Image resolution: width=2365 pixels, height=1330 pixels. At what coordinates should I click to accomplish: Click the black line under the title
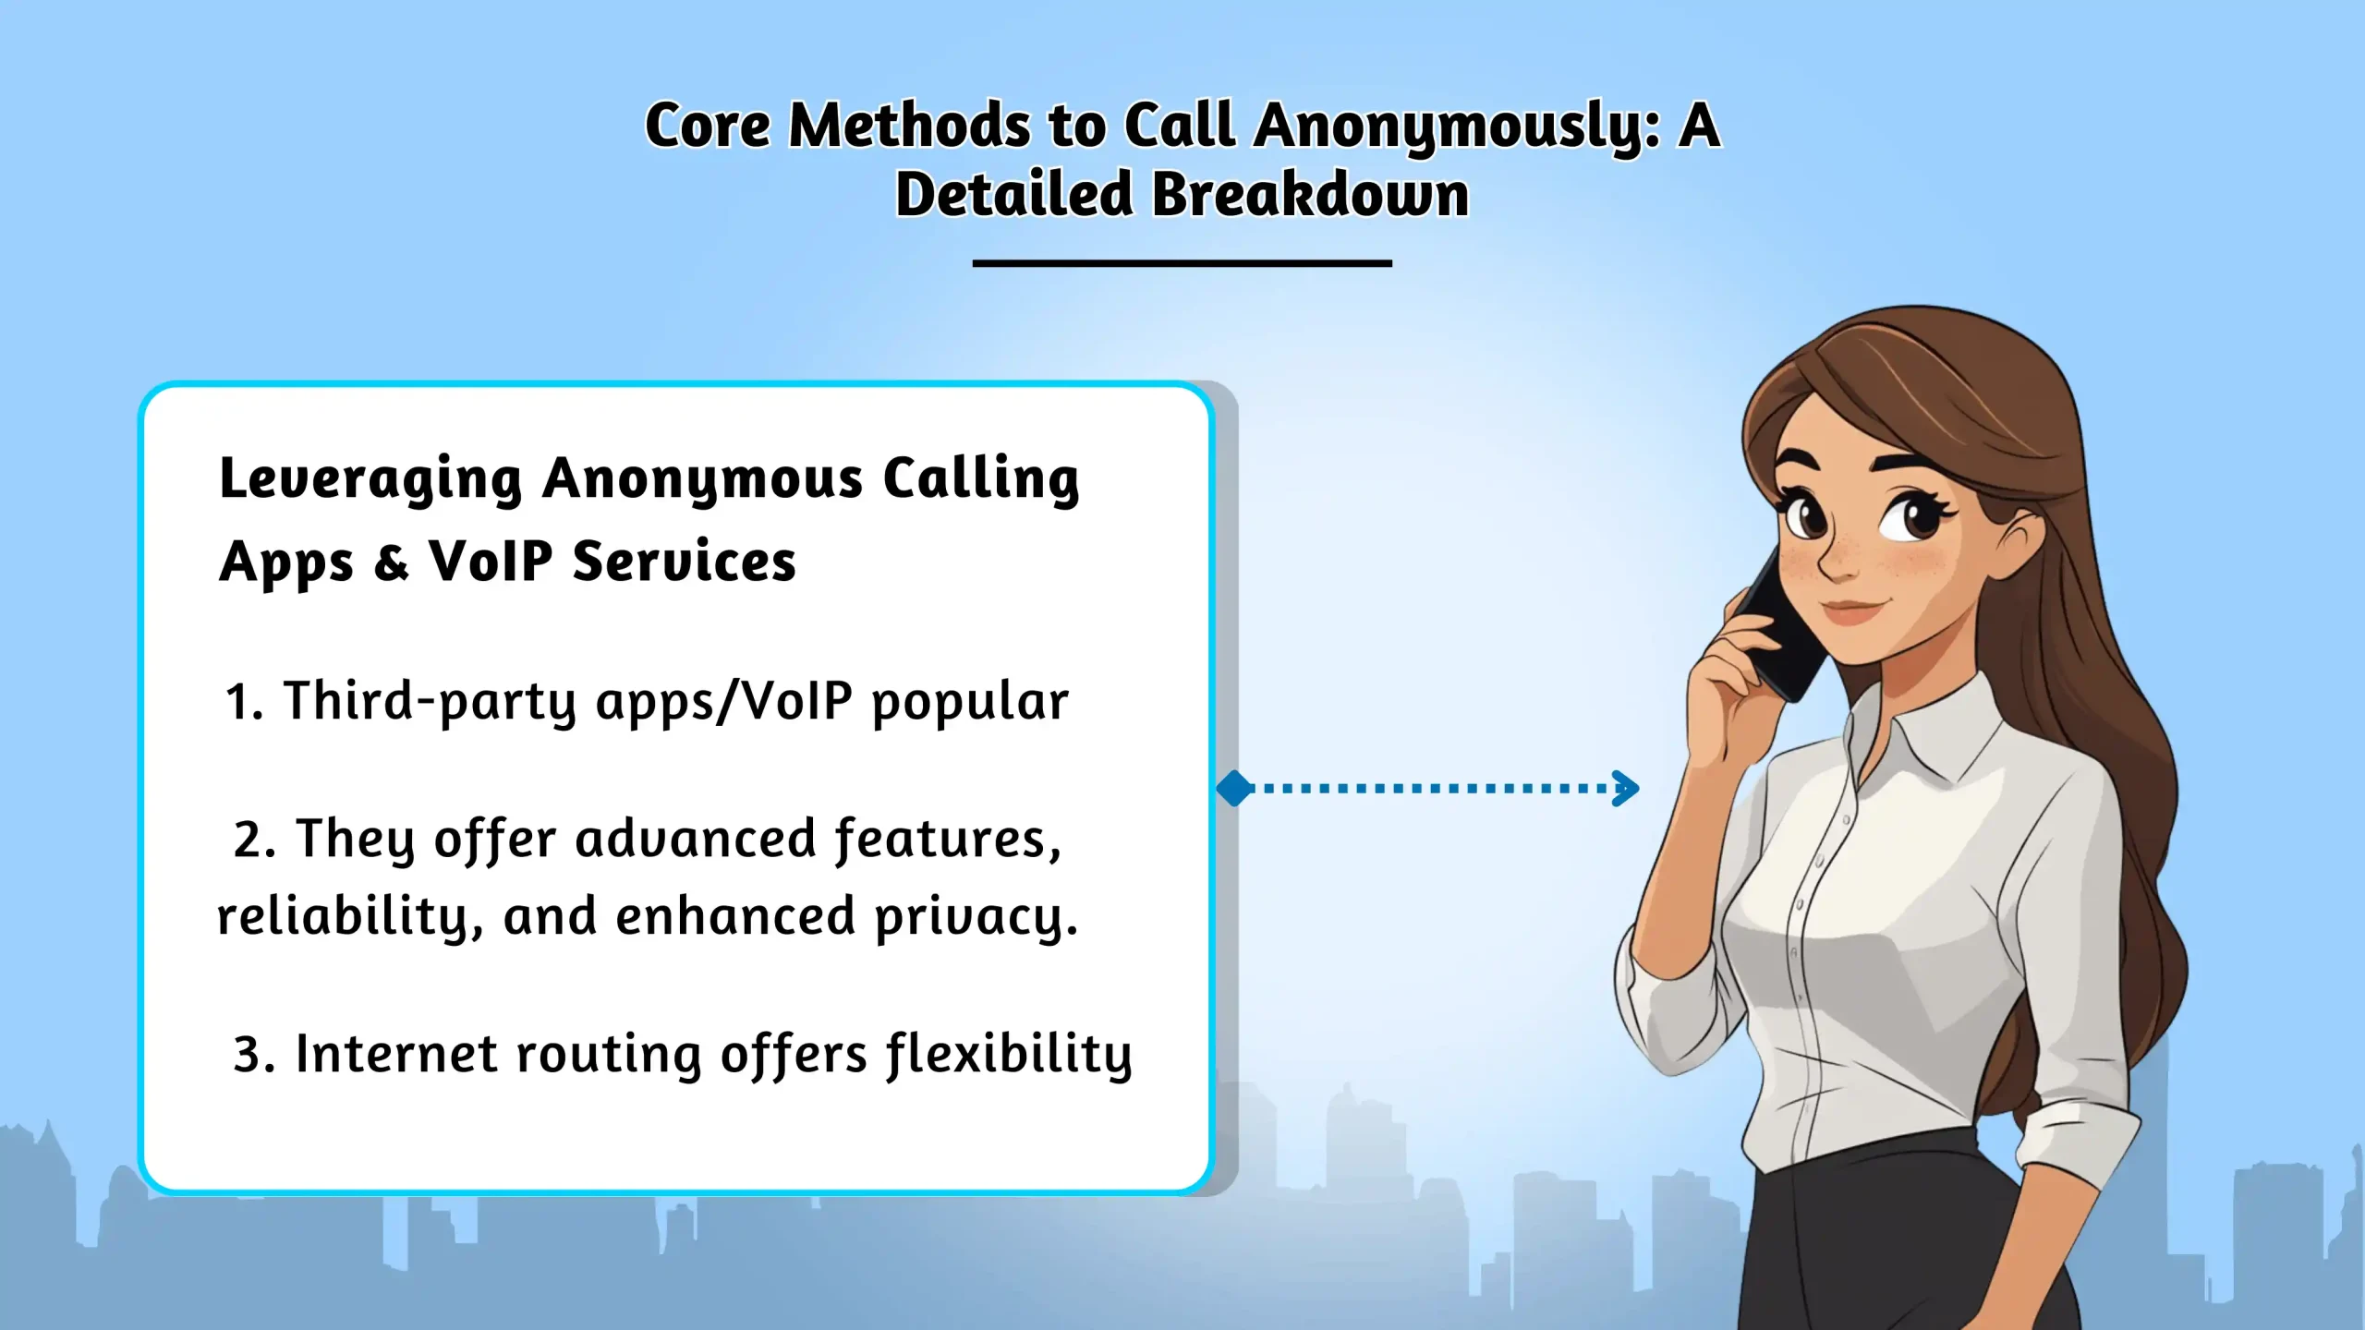[1182, 263]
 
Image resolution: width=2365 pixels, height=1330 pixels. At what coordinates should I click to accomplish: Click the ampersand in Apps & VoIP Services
[391, 562]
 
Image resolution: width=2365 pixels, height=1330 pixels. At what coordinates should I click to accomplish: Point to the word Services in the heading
[684, 561]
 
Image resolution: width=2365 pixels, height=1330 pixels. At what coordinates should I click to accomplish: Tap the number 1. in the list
[244, 703]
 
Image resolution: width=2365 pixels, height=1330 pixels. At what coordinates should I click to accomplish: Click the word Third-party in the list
[430, 702]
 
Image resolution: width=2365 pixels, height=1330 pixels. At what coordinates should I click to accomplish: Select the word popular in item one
[970, 704]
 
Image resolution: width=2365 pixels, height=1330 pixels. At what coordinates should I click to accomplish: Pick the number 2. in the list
[254, 840]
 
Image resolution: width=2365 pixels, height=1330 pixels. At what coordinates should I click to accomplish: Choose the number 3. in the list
[254, 1056]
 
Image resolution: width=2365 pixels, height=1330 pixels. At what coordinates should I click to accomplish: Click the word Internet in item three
[396, 1054]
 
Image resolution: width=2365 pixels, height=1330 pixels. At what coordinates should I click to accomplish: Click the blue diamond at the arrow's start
[1234, 789]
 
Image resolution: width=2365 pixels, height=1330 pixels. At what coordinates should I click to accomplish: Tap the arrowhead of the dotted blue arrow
[1625, 789]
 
